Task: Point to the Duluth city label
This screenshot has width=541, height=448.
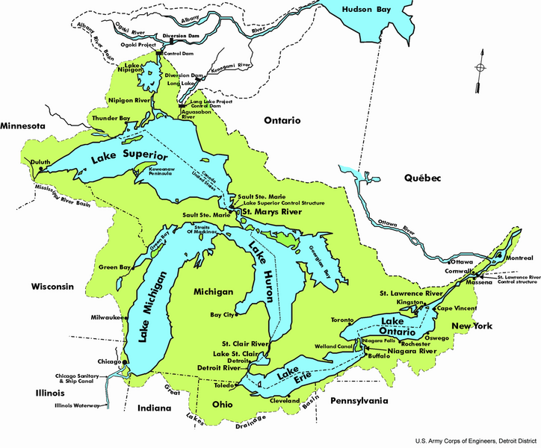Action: click(x=41, y=161)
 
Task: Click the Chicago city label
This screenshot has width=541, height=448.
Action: click(x=108, y=361)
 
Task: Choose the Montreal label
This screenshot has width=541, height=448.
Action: click(x=519, y=258)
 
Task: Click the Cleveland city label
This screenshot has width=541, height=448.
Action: click(x=285, y=400)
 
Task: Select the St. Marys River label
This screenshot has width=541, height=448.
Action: click(x=270, y=213)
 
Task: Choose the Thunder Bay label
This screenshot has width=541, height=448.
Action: click(x=110, y=118)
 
